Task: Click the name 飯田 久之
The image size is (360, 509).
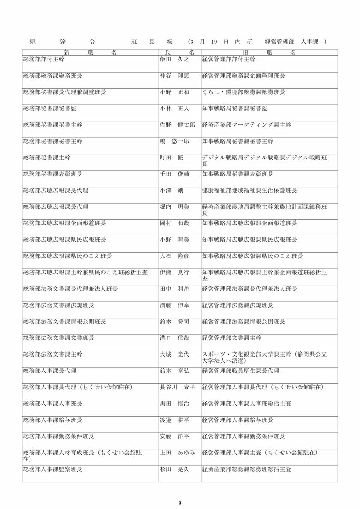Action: [x=174, y=60]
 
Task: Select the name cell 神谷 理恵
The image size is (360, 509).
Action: [x=174, y=76]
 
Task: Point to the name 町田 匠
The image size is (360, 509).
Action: [x=171, y=158]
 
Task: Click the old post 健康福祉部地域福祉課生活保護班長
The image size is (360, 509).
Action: [x=249, y=190]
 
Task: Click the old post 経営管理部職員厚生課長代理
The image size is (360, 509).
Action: [x=240, y=370]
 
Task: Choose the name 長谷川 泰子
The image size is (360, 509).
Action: [x=177, y=387]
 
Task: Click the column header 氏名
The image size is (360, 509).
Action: [x=180, y=52]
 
